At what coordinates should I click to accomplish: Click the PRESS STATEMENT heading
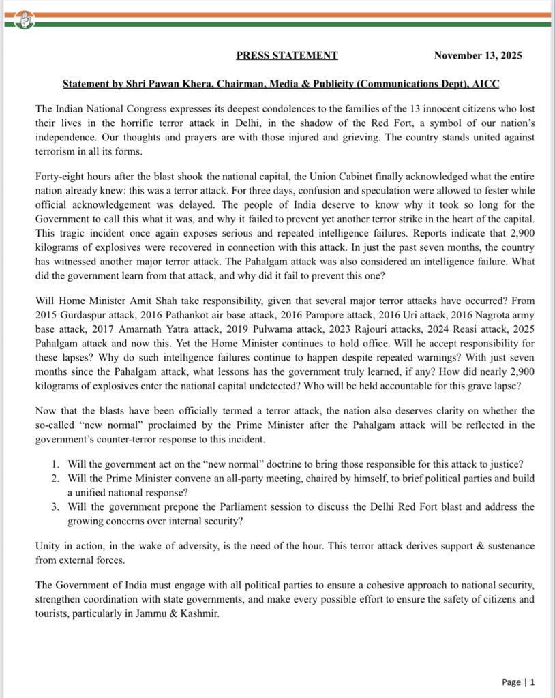point(286,56)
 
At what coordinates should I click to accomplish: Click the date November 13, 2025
point(478,56)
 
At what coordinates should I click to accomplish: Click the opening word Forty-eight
point(59,175)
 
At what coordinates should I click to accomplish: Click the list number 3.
point(55,507)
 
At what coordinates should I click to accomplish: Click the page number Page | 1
point(518,682)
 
